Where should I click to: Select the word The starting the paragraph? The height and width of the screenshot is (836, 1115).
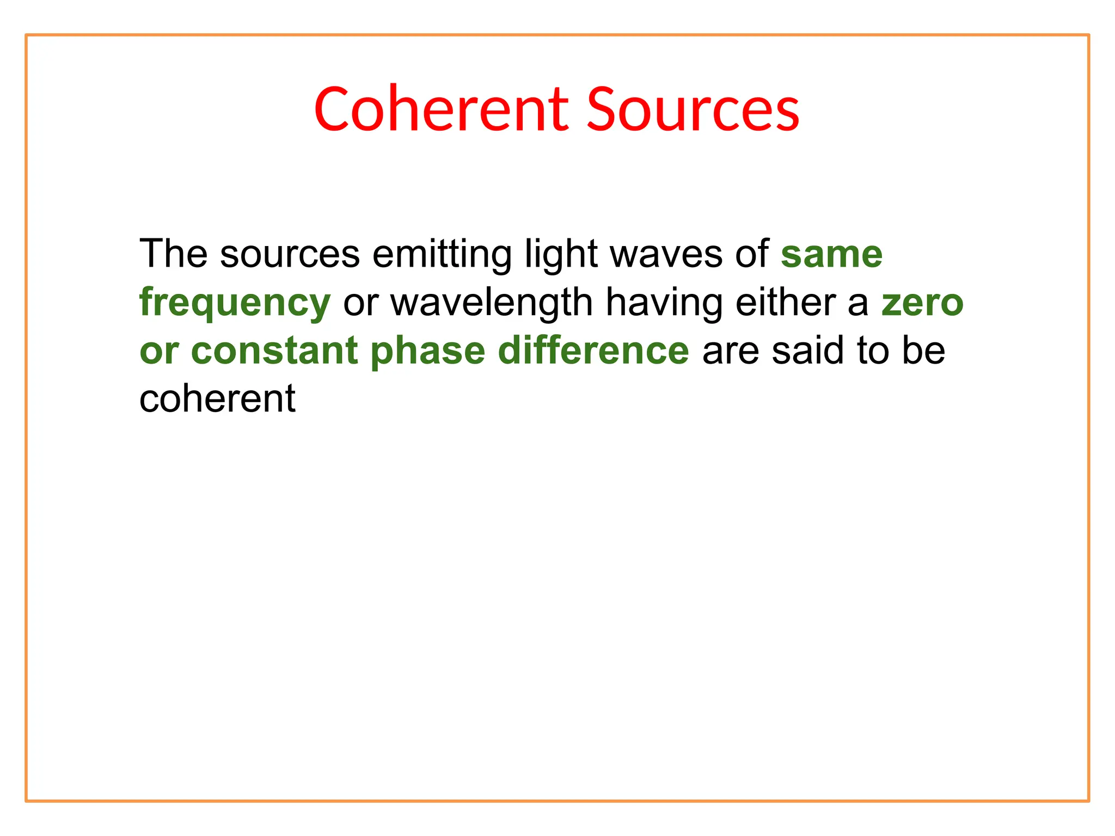(173, 254)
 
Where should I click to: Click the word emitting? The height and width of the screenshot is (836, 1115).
(442, 255)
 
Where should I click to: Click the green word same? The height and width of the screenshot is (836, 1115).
(831, 255)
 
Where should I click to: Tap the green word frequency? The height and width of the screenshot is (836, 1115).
(235, 303)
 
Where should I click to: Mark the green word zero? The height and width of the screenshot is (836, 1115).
(922, 303)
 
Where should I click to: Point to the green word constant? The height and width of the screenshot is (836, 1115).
(274, 351)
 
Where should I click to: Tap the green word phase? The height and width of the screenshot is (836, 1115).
(427, 352)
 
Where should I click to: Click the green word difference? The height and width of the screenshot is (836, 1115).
(593, 351)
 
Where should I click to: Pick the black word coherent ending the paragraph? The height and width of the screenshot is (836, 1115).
(217, 398)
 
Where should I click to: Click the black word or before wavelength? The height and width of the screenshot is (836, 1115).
(360, 303)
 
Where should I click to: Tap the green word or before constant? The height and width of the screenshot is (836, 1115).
(159, 352)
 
